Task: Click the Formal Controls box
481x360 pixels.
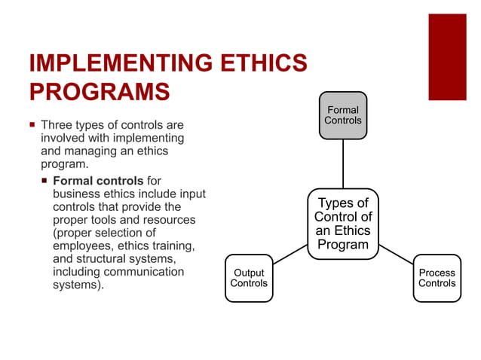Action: click(343, 114)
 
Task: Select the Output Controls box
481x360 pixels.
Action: click(248, 278)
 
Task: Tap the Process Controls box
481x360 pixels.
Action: click(437, 278)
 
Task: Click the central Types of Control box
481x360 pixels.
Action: click(343, 224)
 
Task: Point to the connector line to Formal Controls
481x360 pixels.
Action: click(343, 163)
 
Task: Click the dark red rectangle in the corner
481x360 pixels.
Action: click(447, 56)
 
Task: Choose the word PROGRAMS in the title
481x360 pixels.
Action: click(99, 90)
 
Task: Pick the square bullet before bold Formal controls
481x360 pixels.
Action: click(44, 181)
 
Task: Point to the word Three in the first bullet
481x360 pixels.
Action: click(57, 124)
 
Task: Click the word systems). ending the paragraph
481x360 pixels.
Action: click(78, 285)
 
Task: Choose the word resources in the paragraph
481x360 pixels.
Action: click(170, 220)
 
